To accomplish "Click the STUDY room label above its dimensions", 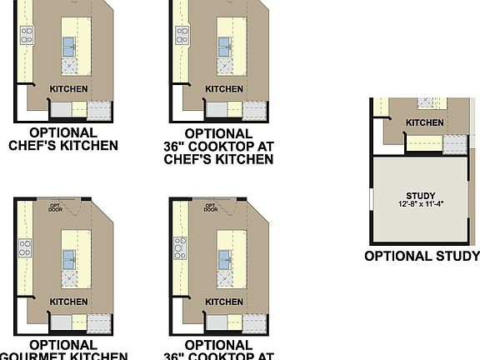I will (422, 196).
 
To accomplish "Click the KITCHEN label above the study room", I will (424, 123).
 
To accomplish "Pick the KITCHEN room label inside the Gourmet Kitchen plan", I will (69, 302).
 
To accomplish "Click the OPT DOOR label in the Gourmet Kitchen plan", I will (57, 207).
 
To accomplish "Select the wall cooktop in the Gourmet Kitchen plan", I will (26, 247).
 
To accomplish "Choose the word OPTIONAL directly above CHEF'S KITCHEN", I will (63, 132).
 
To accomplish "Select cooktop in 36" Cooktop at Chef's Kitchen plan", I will (182, 35).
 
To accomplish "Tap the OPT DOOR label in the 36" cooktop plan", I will (211, 207).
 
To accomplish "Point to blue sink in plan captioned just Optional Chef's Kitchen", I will (69, 47).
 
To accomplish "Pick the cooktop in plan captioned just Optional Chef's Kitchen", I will (27, 35).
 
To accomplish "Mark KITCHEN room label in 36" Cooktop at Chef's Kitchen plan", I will (225, 89).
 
